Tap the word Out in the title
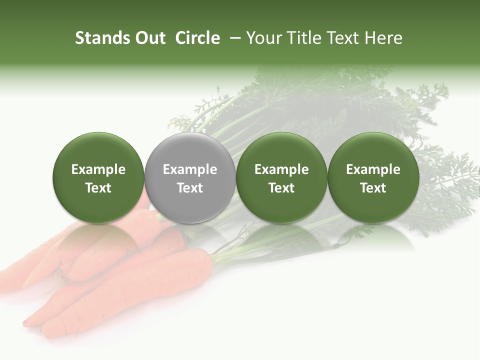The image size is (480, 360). pos(149,38)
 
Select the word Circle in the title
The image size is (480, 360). pos(197,38)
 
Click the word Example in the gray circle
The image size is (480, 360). pos(190,169)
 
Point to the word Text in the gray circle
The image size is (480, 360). pos(190,188)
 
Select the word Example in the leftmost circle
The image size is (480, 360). pos(98,169)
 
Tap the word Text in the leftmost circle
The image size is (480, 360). pos(98,188)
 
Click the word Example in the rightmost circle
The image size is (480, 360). pos(373,169)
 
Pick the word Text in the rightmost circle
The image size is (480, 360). pos(373,188)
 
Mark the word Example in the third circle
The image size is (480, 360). pos(281,169)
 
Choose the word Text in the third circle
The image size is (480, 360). pos(281,188)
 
